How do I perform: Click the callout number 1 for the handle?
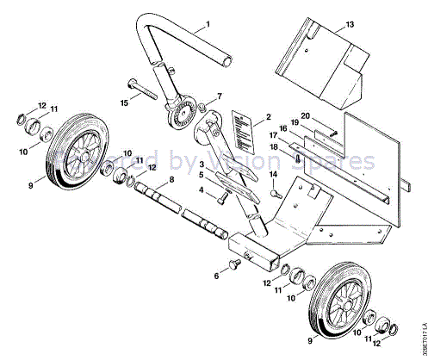coord(207,28)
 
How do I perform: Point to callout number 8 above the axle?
coord(171,179)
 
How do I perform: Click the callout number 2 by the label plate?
coord(268,116)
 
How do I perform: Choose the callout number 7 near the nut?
coord(219,96)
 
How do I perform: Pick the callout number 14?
coord(274,175)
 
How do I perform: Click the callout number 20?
coord(305,117)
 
